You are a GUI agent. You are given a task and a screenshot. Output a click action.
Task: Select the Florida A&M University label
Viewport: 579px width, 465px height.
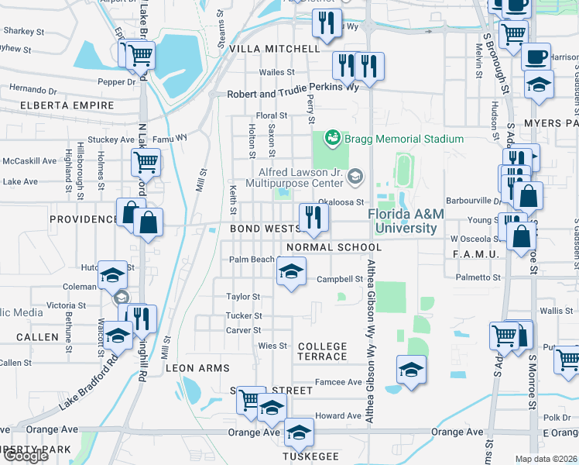402,221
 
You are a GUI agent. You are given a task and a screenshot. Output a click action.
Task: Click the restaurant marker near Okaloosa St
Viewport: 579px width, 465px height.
311,217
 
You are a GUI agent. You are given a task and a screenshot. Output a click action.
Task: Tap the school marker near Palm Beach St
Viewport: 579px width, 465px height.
291,272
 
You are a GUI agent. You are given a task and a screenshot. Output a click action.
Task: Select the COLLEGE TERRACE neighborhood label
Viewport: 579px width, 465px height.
322,351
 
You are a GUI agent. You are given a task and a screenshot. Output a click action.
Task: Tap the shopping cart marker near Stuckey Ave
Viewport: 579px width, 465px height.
145,163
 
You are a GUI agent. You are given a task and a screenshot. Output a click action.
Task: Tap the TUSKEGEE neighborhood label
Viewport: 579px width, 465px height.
312,456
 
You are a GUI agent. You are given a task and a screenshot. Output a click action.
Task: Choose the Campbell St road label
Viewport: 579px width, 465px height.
340,279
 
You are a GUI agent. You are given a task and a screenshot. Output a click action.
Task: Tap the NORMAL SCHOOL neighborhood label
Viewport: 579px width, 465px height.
334,247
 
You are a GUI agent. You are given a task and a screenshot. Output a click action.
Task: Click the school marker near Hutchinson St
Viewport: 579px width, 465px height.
112,274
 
